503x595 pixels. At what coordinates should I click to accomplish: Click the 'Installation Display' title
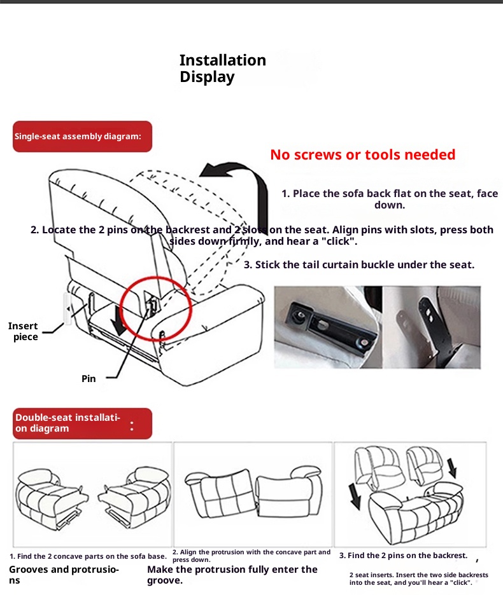tap(223, 69)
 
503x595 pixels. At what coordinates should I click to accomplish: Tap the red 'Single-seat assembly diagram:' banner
tap(83, 137)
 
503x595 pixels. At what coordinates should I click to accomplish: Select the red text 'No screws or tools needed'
tap(363, 155)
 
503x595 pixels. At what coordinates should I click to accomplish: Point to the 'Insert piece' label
tap(23, 331)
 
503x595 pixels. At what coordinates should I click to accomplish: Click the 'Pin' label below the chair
tap(89, 379)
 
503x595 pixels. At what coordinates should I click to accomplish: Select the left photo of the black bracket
tap(328, 327)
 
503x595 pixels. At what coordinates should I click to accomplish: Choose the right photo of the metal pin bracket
tap(432, 327)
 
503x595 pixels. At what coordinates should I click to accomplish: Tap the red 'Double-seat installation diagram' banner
tap(83, 423)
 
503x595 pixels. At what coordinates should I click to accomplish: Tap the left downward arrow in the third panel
tap(355, 496)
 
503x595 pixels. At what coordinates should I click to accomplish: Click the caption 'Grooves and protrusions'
tap(64, 575)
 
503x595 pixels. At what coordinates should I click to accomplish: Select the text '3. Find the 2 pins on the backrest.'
tap(404, 556)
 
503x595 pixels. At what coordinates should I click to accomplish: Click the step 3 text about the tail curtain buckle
tap(359, 265)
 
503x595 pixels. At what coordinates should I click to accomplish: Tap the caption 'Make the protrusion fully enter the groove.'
tap(232, 575)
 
